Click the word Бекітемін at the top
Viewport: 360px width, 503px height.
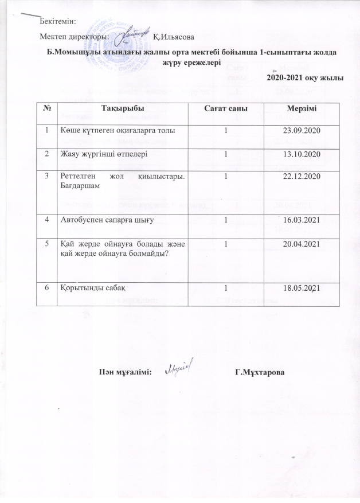click(x=58, y=22)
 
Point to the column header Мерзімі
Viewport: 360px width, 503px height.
click(x=300, y=108)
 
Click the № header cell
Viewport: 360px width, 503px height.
click(x=45, y=108)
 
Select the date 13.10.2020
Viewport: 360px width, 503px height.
click(x=300, y=154)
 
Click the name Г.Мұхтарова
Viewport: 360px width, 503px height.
click(x=260, y=373)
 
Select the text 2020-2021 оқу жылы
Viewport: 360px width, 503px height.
click(x=306, y=78)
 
